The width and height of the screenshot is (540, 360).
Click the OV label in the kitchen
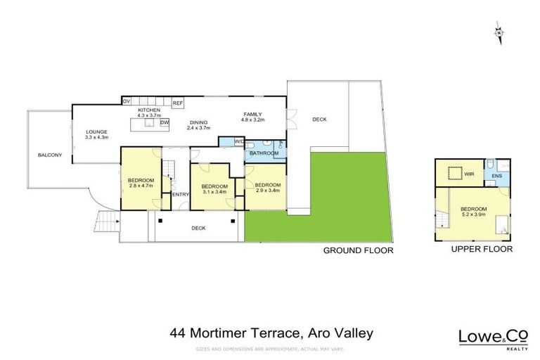coord(127,102)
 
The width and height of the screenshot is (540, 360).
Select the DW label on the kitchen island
coord(164,123)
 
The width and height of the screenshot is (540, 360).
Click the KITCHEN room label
coord(150,110)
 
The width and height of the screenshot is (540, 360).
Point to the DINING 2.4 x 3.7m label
coord(199,125)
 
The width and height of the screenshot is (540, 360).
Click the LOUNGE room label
coord(96,131)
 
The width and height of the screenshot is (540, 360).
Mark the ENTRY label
coord(181,194)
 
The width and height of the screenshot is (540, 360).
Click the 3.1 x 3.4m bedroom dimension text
coord(214,191)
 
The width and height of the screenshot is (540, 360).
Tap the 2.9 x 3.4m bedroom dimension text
coord(267,191)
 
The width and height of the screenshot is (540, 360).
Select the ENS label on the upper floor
coord(496,176)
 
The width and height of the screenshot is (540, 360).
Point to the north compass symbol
coord(498,32)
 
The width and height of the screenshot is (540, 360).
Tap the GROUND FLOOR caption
coord(358,250)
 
